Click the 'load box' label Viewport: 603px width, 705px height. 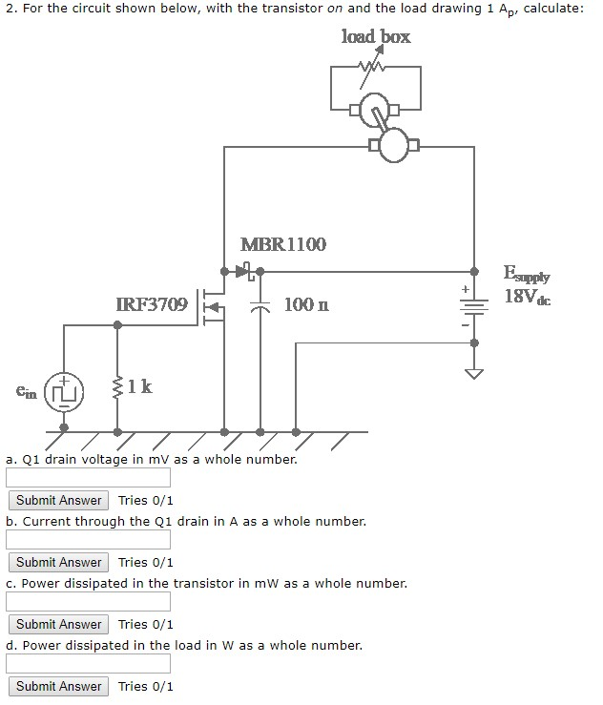(376, 36)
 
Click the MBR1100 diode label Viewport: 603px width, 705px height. (282, 244)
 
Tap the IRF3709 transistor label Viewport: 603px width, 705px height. (152, 304)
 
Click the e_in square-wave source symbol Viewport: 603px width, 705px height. (64, 391)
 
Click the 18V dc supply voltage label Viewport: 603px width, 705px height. (527, 296)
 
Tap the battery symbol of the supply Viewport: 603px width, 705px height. (473, 307)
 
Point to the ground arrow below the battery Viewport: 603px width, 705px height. (473, 371)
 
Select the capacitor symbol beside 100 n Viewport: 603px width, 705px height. (260, 306)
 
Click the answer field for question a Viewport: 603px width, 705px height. (89, 477)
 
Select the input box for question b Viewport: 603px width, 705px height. (89, 539)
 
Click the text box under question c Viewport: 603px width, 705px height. (89, 601)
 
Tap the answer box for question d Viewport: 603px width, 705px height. (89, 663)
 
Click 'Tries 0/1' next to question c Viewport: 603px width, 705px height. (146, 624)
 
